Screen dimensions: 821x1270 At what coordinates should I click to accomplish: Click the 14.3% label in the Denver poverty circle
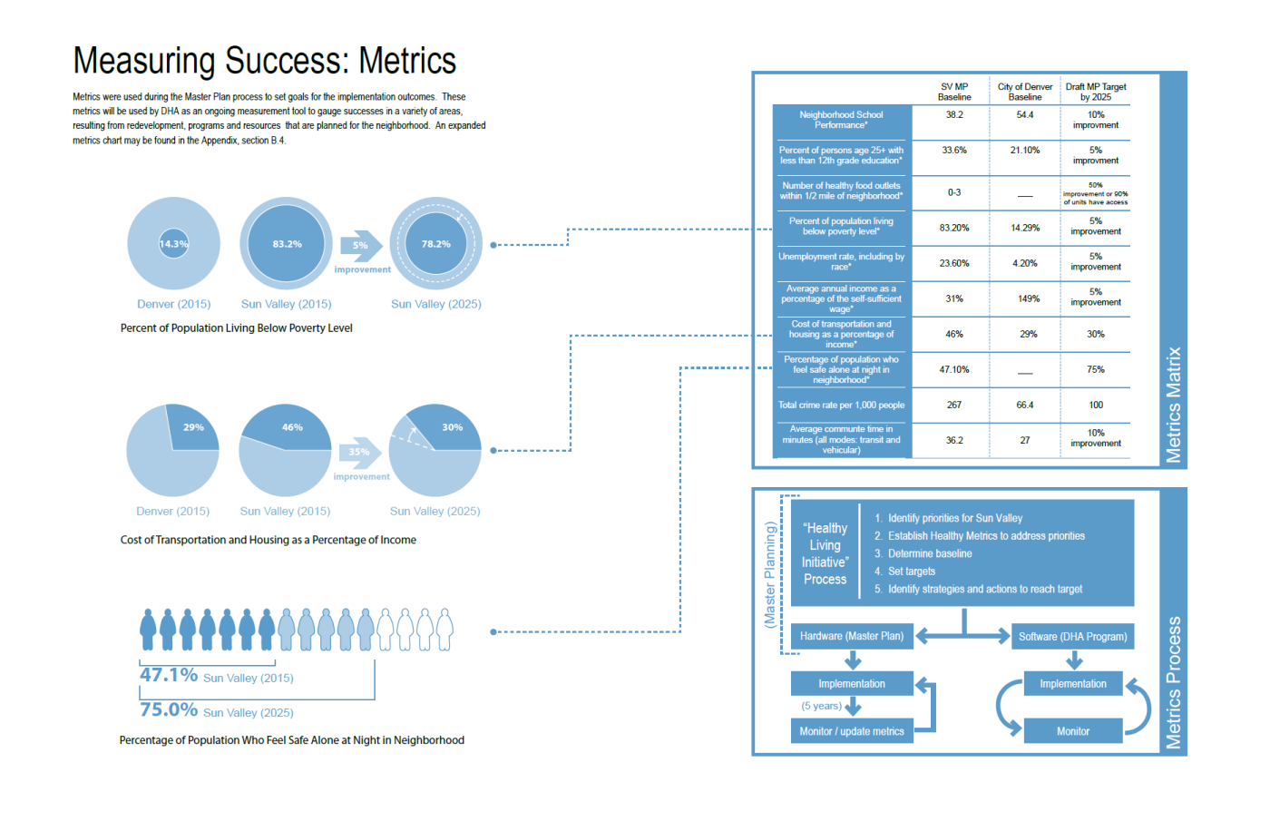pyautogui.click(x=173, y=244)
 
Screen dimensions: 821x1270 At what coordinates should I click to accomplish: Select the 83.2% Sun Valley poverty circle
pyautogui.click(x=287, y=244)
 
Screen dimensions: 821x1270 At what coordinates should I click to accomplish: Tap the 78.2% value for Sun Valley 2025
pyautogui.click(x=435, y=244)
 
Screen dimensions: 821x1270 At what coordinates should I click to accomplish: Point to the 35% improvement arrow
pyautogui.click(x=359, y=452)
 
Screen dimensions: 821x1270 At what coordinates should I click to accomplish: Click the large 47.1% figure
pyautogui.click(x=169, y=675)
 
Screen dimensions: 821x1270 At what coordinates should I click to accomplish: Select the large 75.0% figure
pyautogui.click(x=169, y=709)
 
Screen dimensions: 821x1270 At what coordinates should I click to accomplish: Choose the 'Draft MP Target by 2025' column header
pyautogui.click(x=1096, y=92)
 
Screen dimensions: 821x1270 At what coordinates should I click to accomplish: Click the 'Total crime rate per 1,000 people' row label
pyautogui.click(x=841, y=406)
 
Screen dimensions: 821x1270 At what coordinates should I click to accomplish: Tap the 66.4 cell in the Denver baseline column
pyautogui.click(x=1025, y=406)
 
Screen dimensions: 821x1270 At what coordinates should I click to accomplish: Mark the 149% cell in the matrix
pyautogui.click(x=1028, y=298)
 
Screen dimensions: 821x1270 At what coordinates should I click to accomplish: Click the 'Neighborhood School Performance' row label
pyautogui.click(x=841, y=120)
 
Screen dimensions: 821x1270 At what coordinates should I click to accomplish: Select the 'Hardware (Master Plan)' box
pyautogui.click(x=852, y=636)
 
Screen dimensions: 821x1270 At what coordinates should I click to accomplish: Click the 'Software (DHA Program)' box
pyautogui.click(x=1072, y=637)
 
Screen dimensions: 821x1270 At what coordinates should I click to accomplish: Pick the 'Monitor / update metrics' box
pyautogui.click(x=852, y=731)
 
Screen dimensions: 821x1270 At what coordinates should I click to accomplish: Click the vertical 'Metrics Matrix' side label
pyautogui.click(x=1174, y=405)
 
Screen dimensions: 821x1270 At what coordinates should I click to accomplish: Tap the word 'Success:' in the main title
pyautogui.click(x=287, y=62)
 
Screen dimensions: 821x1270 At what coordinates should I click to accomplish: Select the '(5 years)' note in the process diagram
pyautogui.click(x=821, y=706)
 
